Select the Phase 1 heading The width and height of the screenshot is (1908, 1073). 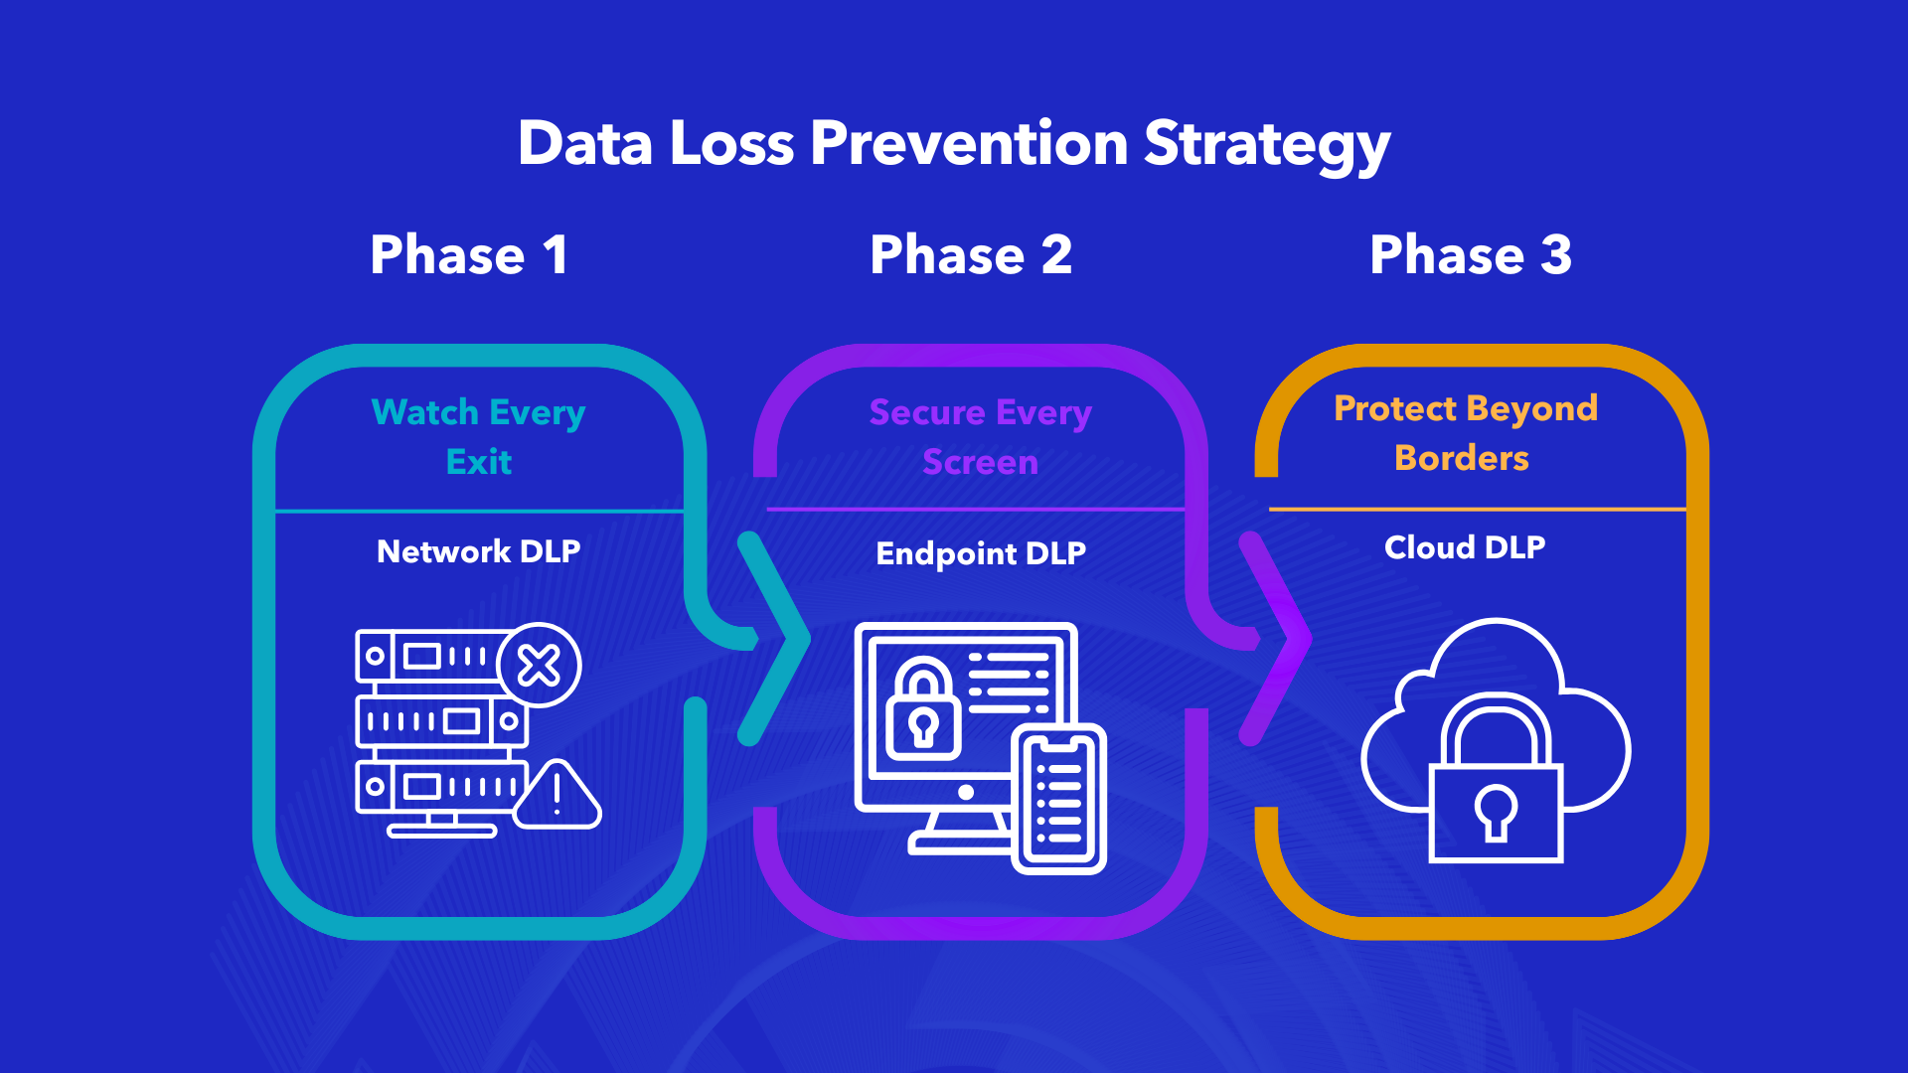(x=469, y=255)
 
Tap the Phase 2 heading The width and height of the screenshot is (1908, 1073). (x=971, y=255)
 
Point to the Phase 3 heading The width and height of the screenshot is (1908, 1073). (x=1471, y=255)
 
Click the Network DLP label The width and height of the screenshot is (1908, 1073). (x=478, y=551)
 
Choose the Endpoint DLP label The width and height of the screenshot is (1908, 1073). (x=981, y=553)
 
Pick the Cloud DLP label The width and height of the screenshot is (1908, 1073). (x=1465, y=547)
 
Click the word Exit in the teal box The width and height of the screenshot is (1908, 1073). (x=479, y=462)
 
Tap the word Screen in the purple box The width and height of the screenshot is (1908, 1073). (x=980, y=462)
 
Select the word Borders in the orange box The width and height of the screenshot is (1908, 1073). (x=1462, y=458)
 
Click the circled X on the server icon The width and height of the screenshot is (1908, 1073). (x=540, y=666)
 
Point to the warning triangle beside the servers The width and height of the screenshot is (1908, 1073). (x=557, y=796)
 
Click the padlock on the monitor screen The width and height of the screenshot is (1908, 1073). (x=923, y=711)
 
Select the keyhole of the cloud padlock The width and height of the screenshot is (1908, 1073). (x=1496, y=811)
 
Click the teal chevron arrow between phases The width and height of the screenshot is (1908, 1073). (x=776, y=639)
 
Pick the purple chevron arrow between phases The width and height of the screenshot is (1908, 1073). (x=1278, y=639)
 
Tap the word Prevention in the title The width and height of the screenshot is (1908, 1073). (x=969, y=143)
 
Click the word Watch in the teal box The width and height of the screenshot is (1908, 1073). (x=425, y=412)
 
